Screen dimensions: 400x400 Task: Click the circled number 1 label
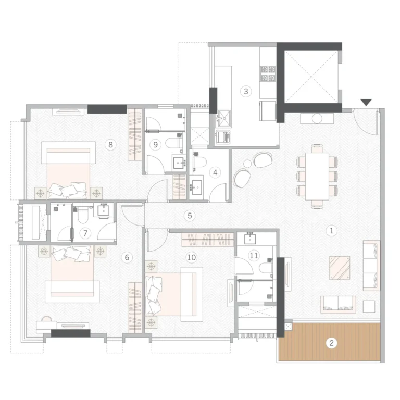[x=331, y=231]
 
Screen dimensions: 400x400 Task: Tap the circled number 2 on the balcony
[x=331, y=343]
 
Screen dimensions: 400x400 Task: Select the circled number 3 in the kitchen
[x=246, y=91]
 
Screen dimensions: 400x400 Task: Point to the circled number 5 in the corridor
[x=190, y=216]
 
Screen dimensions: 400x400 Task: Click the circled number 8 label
[x=110, y=145]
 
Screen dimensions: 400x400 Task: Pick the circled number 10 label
[x=192, y=257]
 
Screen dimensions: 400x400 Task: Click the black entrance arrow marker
[x=366, y=102]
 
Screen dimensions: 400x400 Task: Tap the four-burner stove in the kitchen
[x=268, y=73]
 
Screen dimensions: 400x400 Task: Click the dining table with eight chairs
[x=317, y=176]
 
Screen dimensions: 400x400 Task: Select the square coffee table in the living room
[x=340, y=268]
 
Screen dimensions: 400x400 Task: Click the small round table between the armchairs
[x=247, y=164]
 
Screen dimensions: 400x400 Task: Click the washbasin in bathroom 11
[x=250, y=239]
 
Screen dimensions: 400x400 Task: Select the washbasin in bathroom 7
[x=104, y=210]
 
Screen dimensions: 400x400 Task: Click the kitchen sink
[x=223, y=118]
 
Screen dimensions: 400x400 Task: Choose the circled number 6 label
[x=127, y=257]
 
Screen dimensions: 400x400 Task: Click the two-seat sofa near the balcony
[x=338, y=304]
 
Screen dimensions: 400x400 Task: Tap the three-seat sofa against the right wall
[x=371, y=265]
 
